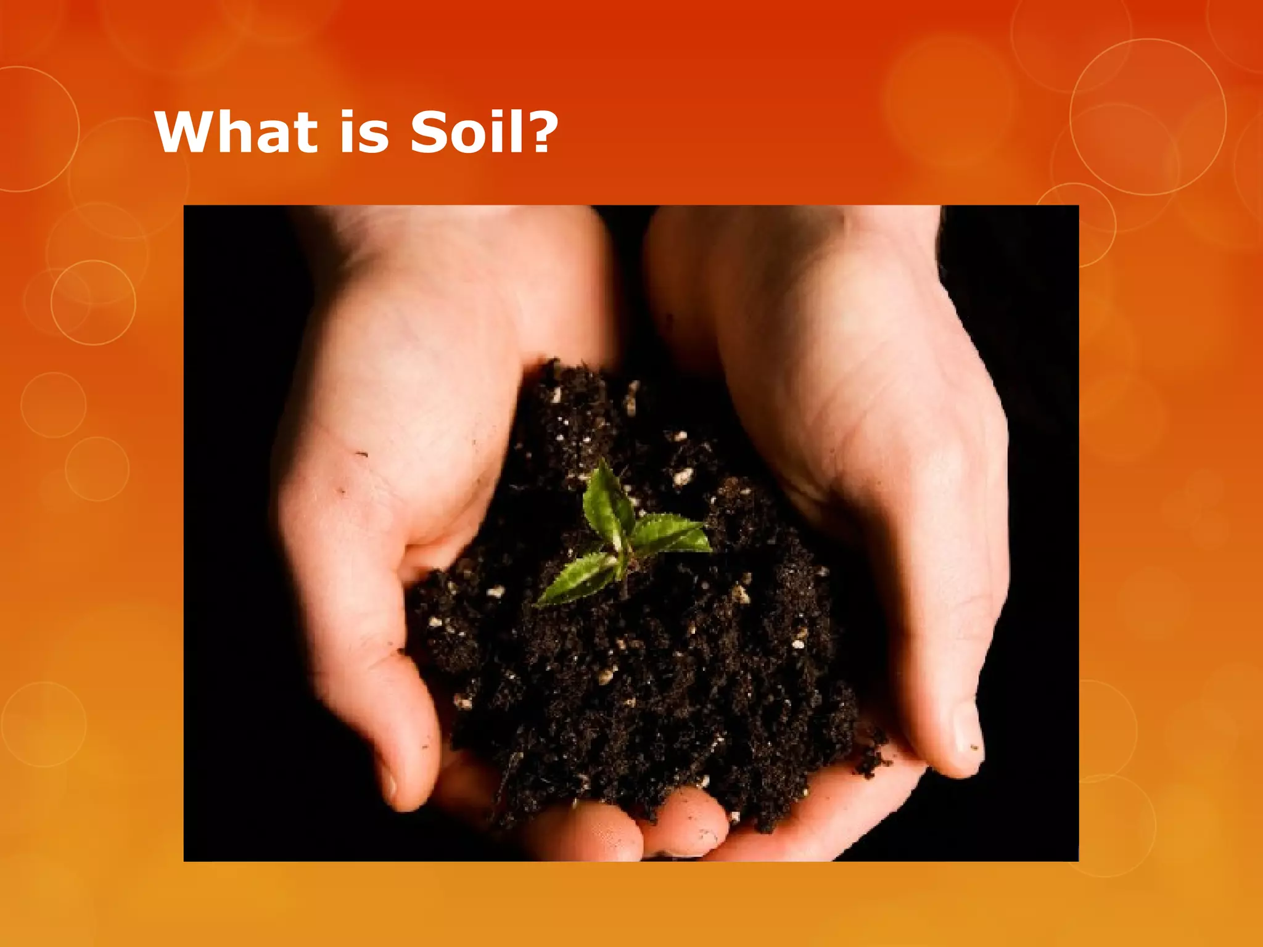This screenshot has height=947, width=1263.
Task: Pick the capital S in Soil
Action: coord(429,133)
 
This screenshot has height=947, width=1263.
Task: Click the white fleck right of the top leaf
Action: coord(682,476)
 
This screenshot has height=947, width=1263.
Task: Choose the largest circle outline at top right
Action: coord(1148,117)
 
